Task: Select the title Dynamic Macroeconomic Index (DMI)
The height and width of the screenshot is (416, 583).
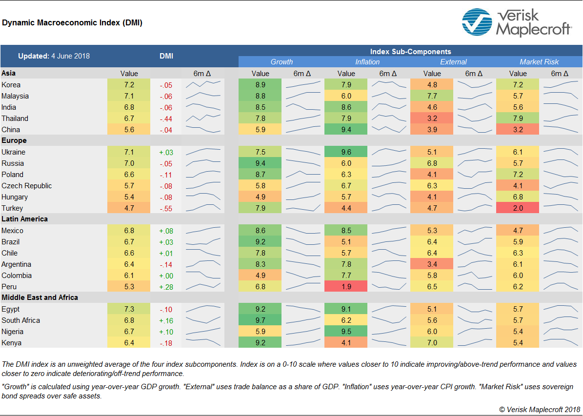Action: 72,22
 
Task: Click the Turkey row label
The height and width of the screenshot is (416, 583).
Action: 12,208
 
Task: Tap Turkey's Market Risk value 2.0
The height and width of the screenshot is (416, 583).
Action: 518,208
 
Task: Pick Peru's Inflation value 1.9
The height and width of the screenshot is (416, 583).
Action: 346,287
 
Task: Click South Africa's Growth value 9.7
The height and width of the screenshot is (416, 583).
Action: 260,320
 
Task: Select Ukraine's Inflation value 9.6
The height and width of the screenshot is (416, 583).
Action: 346,152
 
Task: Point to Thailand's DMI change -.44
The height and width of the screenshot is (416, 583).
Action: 166,119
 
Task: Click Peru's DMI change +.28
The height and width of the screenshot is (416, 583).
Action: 166,287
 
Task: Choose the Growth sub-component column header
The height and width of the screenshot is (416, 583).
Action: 281,62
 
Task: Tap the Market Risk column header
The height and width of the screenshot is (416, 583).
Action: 539,62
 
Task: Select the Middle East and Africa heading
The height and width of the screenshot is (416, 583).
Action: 40,297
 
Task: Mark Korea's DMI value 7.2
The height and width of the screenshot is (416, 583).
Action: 129,85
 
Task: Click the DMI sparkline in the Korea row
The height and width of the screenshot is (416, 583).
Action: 203,85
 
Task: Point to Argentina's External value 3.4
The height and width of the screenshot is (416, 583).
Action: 432,264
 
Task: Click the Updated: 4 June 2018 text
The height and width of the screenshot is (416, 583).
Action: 54,56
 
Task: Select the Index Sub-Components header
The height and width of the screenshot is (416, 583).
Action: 410,51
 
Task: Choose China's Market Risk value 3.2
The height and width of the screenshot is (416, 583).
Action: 518,130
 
